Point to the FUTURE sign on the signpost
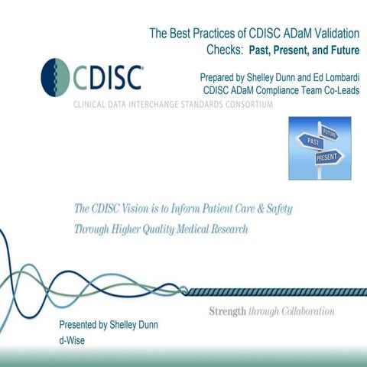click(330, 132)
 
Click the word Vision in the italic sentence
click(144, 209)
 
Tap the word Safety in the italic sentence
click(277, 209)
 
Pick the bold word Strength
click(228, 312)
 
